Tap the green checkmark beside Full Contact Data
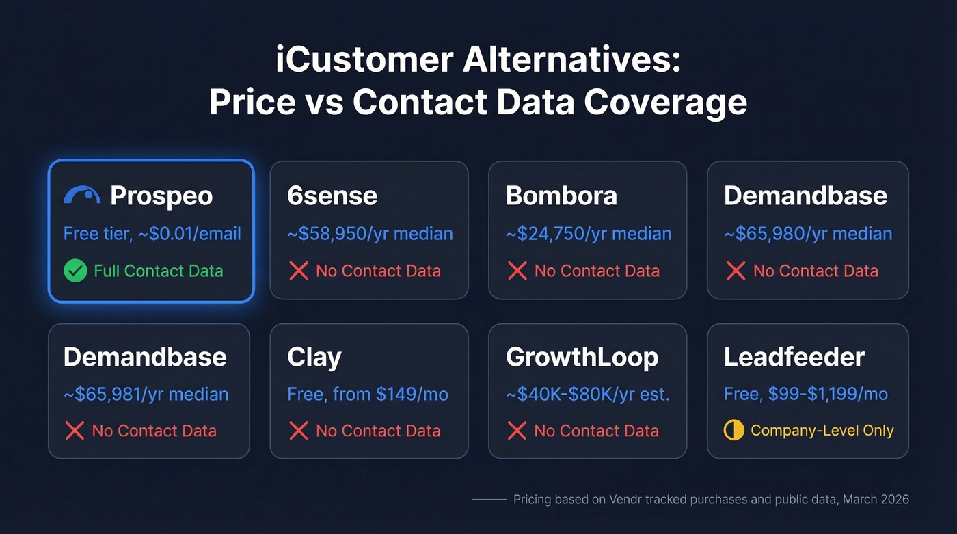click(75, 271)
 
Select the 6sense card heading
click(332, 196)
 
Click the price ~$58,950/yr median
click(370, 234)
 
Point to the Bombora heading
click(561, 196)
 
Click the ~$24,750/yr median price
click(589, 234)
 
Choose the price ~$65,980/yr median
click(808, 234)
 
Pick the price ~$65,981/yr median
click(146, 394)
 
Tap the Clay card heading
click(314, 357)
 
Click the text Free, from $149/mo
click(368, 394)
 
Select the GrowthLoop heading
click(582, 357)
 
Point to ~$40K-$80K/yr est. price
click(587, 394)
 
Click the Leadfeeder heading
click(794, 357)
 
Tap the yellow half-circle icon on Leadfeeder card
click(733, 431)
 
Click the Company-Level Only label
click(822, 431)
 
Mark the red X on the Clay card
click(298, 431)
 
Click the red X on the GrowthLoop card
click(517, 431)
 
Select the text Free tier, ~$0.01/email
click(152, 234)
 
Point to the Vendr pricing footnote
click(711, 500)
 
